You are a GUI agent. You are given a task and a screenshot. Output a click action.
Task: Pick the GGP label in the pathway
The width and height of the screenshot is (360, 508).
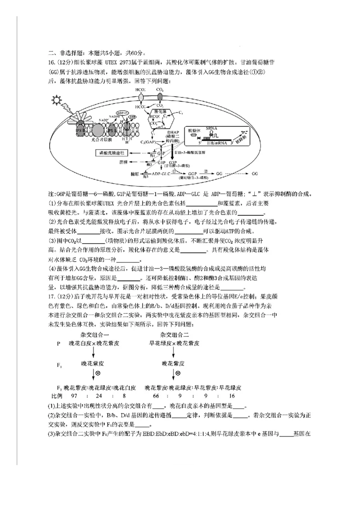click(193, 174)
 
